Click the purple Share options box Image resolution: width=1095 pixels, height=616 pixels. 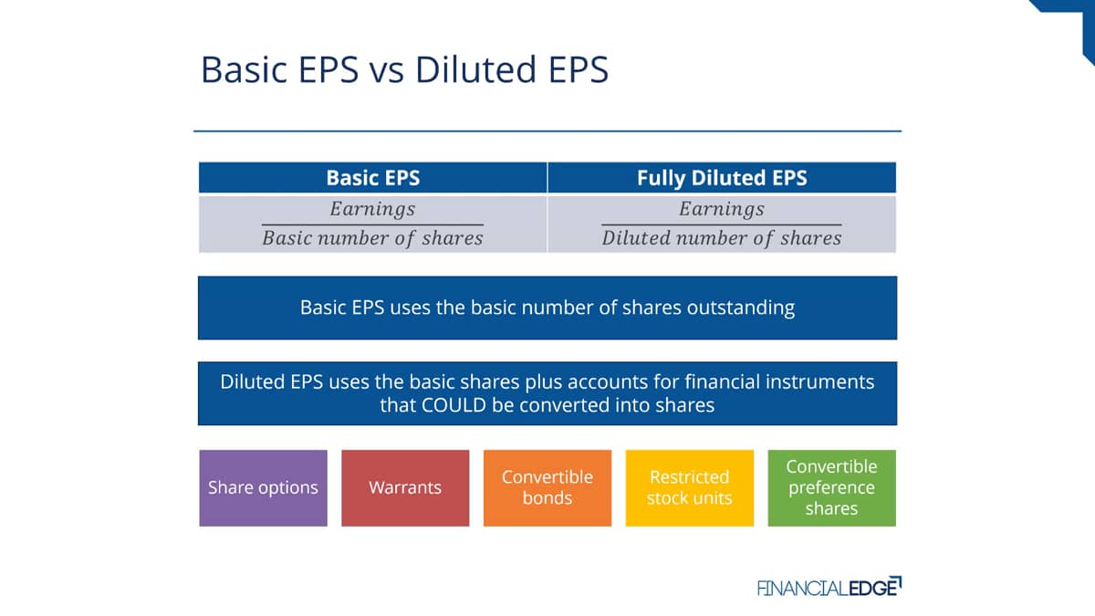tap(263, 488)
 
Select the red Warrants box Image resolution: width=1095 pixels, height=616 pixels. tap(405, 488)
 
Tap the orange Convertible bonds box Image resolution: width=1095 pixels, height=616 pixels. tap(547, 488)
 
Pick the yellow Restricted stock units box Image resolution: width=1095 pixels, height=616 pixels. tap(689, 488)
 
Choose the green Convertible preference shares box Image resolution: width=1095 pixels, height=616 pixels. tap(831, 488)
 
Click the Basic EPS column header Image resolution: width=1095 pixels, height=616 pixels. tap(373, 177)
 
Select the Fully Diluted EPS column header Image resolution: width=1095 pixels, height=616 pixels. tap(722, 177)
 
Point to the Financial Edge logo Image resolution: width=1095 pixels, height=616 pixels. tap(829, 587)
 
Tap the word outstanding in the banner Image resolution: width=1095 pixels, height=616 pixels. tap(741, 308)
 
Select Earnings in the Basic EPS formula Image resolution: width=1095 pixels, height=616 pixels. tap(372, 209)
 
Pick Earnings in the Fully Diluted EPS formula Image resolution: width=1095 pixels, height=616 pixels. tap(722, 209)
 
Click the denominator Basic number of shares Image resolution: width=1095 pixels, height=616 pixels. tap(372, 238)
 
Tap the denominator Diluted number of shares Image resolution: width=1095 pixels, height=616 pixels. tap(722, 238)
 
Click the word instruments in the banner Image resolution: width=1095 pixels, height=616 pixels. tap(819, 381)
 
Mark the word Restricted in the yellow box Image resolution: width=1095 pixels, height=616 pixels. tap(689, 476)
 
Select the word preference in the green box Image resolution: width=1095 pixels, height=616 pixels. tap(831, 488)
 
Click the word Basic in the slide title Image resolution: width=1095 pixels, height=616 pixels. tap(244, 69)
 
